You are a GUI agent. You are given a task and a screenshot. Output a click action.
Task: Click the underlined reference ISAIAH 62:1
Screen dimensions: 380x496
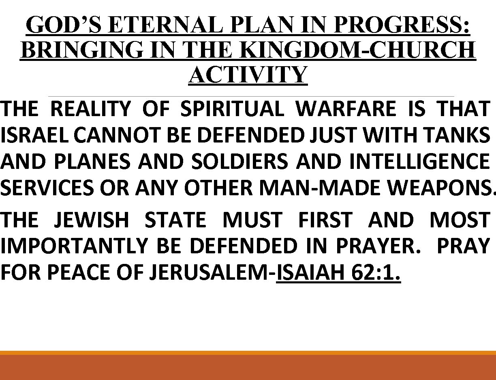coord(338,273)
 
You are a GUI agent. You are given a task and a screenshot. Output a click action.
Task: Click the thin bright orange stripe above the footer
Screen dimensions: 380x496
coord(248,353)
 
